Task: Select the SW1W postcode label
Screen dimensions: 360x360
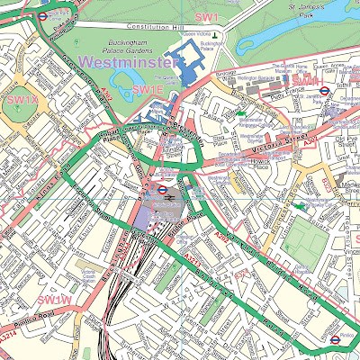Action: click(x=56, y=299)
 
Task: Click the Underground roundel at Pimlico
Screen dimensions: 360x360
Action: click(x=335, y=340)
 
